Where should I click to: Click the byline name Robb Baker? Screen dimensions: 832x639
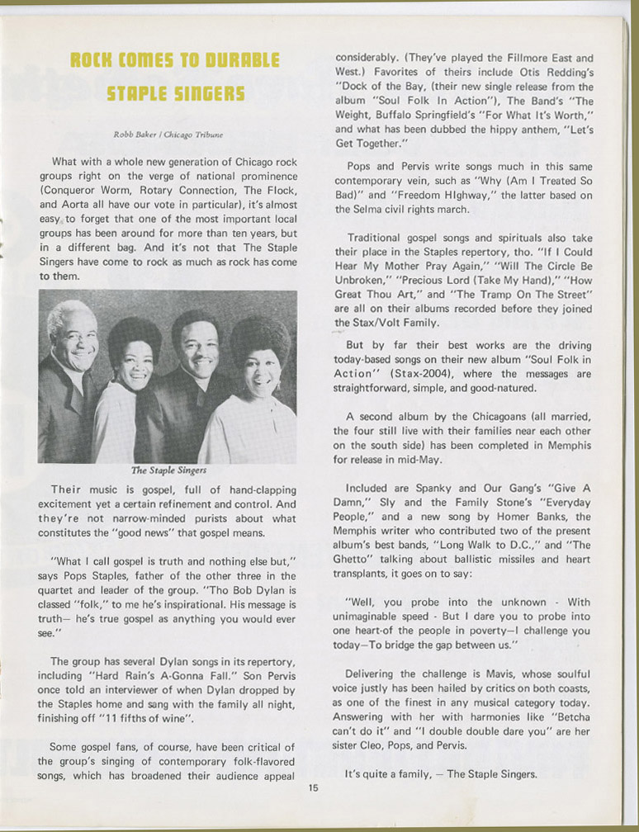tap(133, 134)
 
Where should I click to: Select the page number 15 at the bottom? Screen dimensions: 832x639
tap(313, 787)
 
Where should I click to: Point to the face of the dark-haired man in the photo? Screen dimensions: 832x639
tap(198, 351)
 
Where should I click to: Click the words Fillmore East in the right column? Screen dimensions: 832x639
tap(540, 58)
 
